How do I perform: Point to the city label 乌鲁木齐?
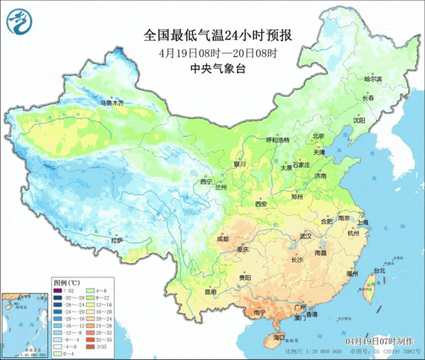pos(112,103)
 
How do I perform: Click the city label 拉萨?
pos(117,240)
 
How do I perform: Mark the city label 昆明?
pos(210,291)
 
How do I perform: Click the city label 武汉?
pos(305,236)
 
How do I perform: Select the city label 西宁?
pos(207,181)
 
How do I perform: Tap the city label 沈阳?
pos(377,120)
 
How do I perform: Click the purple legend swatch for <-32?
pos(58,290)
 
